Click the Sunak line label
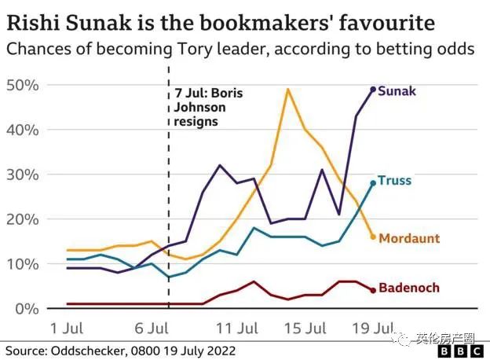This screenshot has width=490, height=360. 397,91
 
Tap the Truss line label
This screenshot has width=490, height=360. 394,181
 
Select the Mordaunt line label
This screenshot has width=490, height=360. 409,237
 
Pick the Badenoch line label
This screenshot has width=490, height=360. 408,288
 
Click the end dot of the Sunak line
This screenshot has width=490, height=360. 373,90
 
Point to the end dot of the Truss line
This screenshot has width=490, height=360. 373,182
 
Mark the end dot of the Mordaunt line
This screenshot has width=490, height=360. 373,237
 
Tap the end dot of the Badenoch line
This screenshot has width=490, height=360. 373,290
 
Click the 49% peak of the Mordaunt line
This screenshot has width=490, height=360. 288,89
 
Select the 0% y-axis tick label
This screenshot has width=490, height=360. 27,307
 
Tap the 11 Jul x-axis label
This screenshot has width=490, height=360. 238,326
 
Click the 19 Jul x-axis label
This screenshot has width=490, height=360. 373,326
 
